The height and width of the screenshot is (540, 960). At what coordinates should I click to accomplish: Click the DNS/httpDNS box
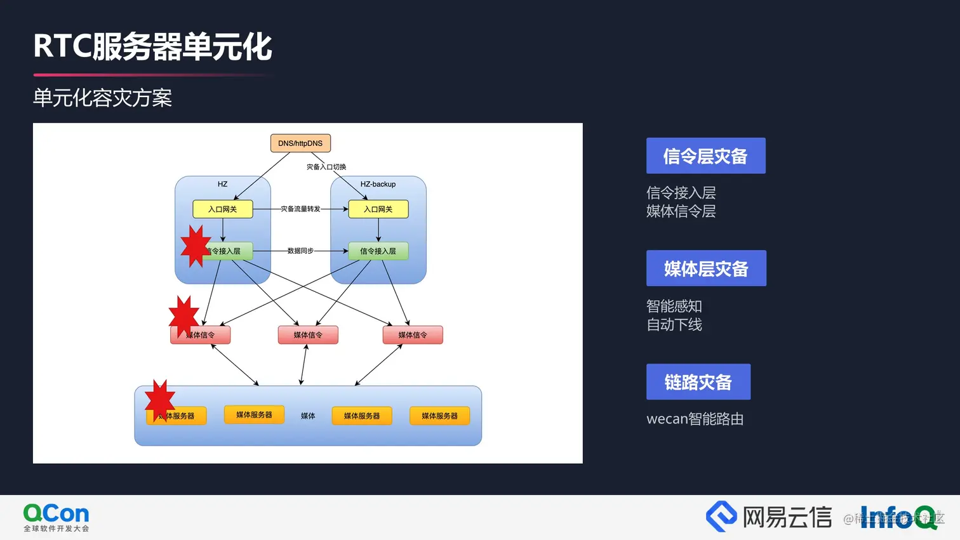[300, 143]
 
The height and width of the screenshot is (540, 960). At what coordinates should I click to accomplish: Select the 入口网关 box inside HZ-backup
[378, 209]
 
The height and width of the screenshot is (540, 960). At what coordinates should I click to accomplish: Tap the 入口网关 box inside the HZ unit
[223, 209]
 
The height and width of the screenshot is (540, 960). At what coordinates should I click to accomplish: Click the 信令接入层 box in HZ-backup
[378, 251]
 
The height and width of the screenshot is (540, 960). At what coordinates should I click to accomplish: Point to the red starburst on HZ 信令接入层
[195, 246]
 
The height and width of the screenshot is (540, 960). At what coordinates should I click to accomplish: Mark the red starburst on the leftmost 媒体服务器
[159, 400]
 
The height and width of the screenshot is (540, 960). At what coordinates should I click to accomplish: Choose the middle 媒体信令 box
[308, 335]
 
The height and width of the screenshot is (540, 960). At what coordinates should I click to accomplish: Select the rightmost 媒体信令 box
[413, 335]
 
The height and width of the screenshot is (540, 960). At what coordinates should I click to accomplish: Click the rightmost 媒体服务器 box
[439, 416]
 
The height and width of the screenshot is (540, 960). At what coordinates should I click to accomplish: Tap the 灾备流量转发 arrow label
[300, 209]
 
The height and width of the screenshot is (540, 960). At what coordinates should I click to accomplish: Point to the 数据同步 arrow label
[300, 251]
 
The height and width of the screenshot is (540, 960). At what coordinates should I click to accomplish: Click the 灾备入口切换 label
[326, 167]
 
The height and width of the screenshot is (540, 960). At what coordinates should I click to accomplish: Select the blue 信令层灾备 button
[705, 156]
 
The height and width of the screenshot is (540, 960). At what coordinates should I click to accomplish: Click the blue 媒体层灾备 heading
[706, 268]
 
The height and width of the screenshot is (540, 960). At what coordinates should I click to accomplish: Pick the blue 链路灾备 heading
[698, 382]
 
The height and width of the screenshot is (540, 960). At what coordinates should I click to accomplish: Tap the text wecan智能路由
[695, 419]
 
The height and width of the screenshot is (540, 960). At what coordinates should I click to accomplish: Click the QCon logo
[57, 517]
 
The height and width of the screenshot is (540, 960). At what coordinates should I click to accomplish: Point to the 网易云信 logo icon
[721, 517]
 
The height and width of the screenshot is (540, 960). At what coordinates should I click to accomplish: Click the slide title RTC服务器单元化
[152, 47]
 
